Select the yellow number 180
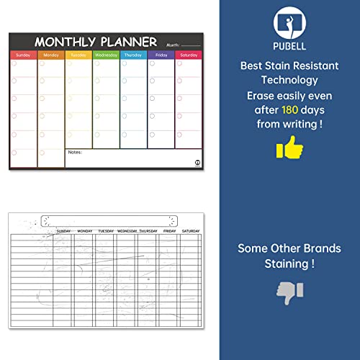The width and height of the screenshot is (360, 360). point(290,110)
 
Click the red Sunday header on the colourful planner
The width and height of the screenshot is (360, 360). point(23,55)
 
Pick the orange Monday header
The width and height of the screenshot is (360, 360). point(51,55)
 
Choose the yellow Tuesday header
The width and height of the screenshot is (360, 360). point(78,55)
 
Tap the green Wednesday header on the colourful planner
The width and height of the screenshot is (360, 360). point(106,55)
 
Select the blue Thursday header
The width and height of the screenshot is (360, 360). point(133,55)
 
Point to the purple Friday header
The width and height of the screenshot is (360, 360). point(161,55)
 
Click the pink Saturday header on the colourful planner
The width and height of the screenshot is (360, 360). point(188,55)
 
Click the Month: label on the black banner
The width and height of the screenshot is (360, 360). point(171,44)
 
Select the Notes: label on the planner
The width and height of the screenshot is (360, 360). point(75,152)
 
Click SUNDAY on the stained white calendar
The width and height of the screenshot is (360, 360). point(63,231)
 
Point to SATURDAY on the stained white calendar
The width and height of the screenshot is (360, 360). point(191,231)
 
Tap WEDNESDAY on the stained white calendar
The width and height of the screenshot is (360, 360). point(127,231)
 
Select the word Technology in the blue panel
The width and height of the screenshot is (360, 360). point(290,81)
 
